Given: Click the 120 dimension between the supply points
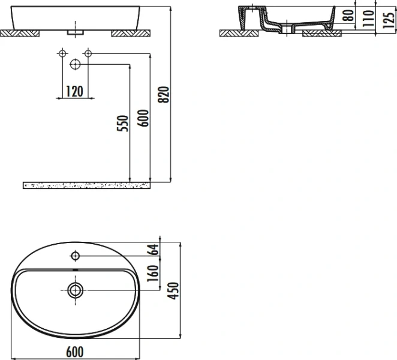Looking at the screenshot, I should point(74,91).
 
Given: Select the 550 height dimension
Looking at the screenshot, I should point(122,122).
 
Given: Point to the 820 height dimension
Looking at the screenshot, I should point(166,94).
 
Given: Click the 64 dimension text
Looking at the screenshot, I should point(154,250).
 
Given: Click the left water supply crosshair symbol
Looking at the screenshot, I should point(61,55).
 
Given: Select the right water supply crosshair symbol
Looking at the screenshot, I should point(88,55).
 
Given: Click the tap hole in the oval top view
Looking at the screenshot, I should point(75,257).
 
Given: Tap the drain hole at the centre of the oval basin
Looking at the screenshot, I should point(75,292).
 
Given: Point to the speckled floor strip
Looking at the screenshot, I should point(87,184).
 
